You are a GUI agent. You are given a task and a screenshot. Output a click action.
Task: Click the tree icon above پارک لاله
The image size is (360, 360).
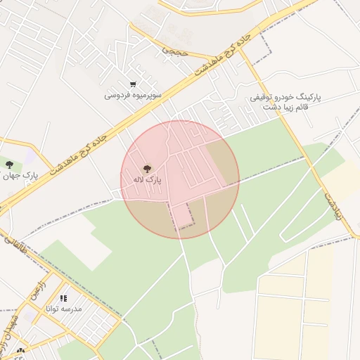pyautogui.click(x=147, y=169)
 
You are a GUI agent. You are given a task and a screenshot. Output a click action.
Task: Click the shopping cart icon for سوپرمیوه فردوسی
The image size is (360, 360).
pyautogui.click(x=133, y=84)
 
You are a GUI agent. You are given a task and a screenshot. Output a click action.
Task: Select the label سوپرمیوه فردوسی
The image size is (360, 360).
pyautogui.click(x=133, y=94)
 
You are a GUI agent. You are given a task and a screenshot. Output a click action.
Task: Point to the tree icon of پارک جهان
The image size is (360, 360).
pyautogui.click(x=9, y=165)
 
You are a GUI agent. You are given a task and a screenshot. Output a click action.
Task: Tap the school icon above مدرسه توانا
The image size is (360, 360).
pyautogui.click(x=63, y=299)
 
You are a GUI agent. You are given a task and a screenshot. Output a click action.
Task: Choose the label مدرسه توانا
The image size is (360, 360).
pyautogui.click(x=63, y=309)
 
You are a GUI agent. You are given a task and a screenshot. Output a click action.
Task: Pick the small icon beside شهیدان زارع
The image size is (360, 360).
pyautogui.click(x=20, y=351)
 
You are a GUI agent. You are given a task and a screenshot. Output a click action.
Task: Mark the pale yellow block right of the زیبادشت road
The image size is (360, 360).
pyautogui.click(x=349, y=176)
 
